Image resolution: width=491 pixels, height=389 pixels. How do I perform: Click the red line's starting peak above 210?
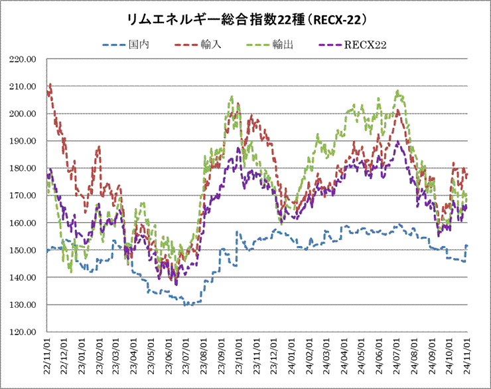pyautogui.click(x=50, y=85)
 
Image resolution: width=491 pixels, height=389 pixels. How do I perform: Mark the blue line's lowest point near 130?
pyautogui.click(x=186, y=305)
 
